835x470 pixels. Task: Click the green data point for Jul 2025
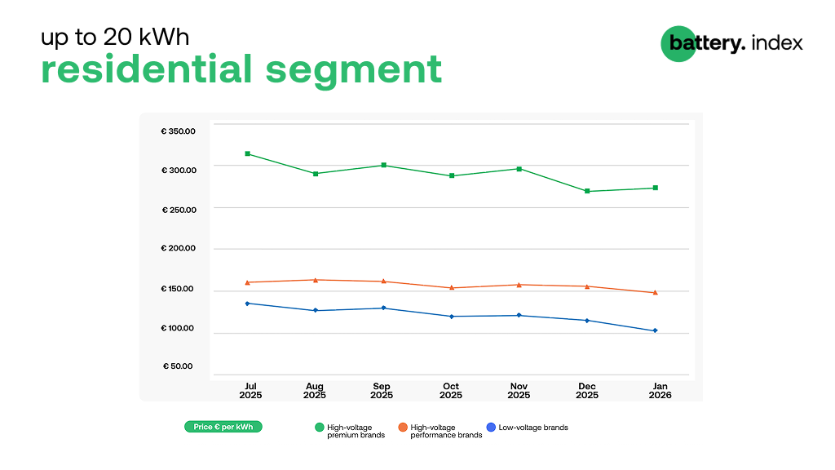(x=248, y=154)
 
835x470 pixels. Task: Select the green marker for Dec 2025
(x=587, y=191)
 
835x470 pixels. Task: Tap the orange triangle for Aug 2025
(x=316, y=280)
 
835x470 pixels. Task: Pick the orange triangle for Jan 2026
(x=656, y=293)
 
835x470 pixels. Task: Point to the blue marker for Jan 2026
(x=656, y=331)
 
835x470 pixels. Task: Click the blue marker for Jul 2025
(x=248, y=304)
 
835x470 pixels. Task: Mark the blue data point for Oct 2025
(x=452, y=317)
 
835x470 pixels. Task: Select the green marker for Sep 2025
(x=384, y=165)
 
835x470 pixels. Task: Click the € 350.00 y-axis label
(x=179, y=131)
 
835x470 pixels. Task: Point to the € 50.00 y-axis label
(x=178, y=366)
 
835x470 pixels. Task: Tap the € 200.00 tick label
(x=179, y=248)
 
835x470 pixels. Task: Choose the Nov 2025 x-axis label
(x=519, y=391)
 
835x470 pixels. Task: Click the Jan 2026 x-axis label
(x=660, y=391)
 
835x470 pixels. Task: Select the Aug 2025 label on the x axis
(x=314, y=391)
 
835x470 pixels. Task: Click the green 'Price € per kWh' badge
(x=223, y=427)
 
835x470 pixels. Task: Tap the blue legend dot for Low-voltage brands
(x=491, y=428)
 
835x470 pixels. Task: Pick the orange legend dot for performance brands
(x=403, y=428)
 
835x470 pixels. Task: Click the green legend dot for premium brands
(x=320, y=428)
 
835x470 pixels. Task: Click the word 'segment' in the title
(x=354, y=70)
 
